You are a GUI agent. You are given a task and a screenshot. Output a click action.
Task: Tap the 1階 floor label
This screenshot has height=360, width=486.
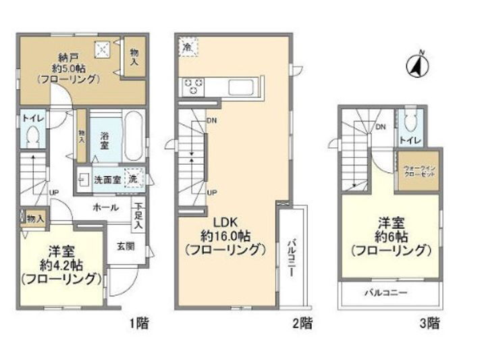pos(139,324)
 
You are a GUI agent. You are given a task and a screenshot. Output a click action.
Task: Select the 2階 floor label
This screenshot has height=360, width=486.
pos(302,324)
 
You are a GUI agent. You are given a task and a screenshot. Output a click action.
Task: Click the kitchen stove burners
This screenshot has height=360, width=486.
pos(194,87)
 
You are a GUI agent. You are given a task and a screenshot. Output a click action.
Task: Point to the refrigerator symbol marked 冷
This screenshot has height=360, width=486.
pos(187,47)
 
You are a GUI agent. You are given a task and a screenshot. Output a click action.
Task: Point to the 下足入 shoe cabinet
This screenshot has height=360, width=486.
pos(138,215)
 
